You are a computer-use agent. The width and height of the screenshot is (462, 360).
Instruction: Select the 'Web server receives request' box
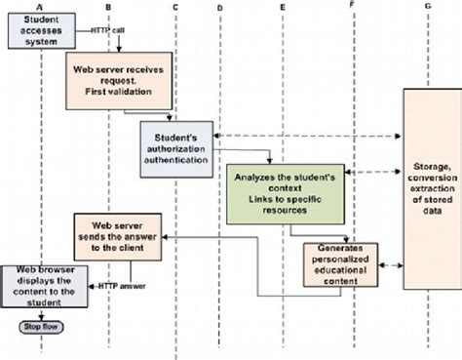(122, 80)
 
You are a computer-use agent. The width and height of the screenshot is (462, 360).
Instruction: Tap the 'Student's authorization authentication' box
(175, 147)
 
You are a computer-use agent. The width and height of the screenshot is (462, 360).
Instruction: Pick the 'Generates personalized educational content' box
(339, 265)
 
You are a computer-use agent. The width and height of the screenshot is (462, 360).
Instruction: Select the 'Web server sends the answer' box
(121, 235)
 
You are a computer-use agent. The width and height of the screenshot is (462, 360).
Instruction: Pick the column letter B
(108, 8)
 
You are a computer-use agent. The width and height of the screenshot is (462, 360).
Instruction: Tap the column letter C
(174, 8)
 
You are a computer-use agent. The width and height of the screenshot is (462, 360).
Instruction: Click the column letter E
(283, 8)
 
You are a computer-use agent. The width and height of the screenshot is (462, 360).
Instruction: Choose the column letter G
(428, 8)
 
